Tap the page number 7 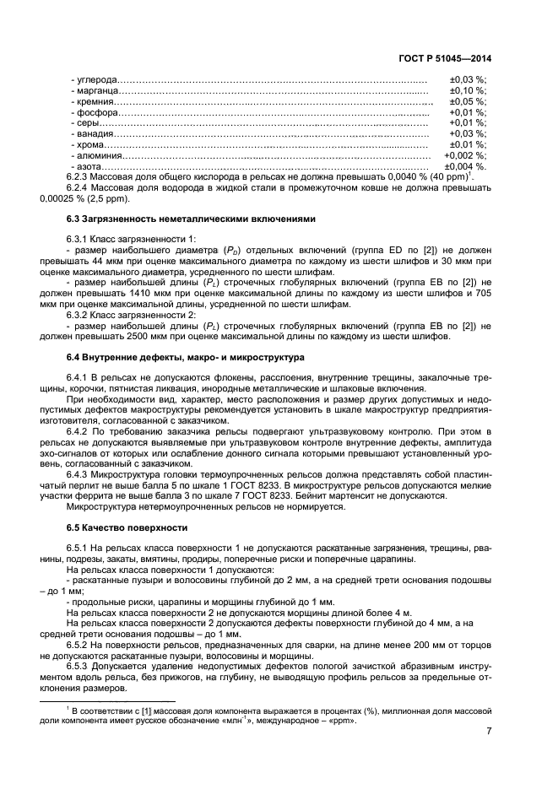pos(489,732)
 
